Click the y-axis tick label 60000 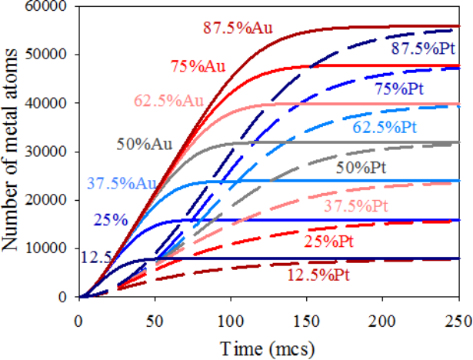(x=45, y=7)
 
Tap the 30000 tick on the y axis (x=45, y=152)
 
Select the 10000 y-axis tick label (x=45, y=248)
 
